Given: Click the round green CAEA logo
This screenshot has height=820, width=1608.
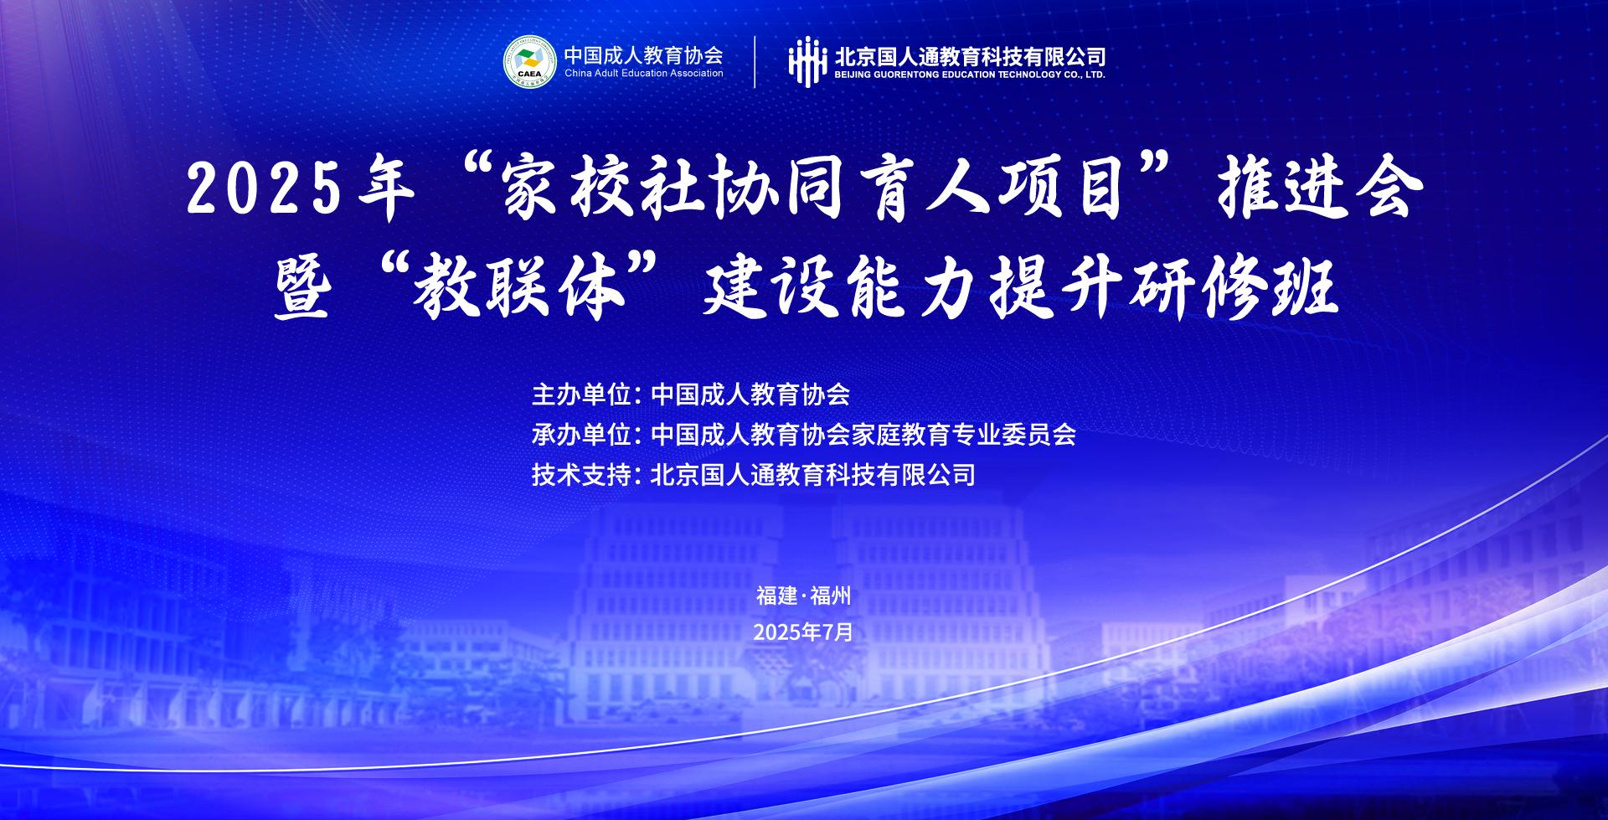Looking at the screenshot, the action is [530, 62].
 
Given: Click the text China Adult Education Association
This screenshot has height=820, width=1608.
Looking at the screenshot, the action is [643, 74].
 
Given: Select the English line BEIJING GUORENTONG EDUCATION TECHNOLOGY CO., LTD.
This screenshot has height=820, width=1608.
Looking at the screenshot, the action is [970, 75].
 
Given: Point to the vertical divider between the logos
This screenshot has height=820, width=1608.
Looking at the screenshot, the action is [755, 62].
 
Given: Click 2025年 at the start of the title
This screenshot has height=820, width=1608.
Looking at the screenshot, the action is [301, 188].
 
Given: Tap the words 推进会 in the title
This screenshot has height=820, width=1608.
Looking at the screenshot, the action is [1320, 188].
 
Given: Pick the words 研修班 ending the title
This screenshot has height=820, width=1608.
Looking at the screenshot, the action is [1230, 289].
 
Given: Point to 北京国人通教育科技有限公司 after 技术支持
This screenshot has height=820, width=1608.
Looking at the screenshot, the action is [813, 475].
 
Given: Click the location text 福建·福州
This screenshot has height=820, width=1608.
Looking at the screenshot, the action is [803, 596].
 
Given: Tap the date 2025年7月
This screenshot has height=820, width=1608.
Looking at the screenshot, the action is [803, 632].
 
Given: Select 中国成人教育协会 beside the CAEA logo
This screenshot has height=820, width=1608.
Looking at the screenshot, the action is [643, 54].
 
